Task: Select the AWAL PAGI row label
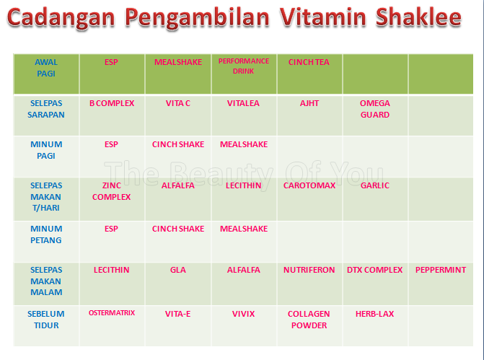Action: (x=46, y=68)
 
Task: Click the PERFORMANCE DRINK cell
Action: (x=244, y=66)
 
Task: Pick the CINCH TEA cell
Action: (x=309, y=62)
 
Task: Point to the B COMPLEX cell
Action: (x=112, y=103)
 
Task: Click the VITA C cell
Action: (x=178, y=103)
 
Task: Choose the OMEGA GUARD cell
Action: (x=374, y=109)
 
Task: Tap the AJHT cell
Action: (x=309, y=103)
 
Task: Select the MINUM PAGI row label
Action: (x=46, y=150)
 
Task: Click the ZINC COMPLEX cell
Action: (x=112, y=191)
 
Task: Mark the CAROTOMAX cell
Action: (x=309, y=185)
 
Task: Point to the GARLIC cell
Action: (x=374, y=185)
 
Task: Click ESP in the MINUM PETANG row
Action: (x=111, y=229)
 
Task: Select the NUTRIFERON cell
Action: (x=309, y=270)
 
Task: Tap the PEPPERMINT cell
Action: (x=441, y=270)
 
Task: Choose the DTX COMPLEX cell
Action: (x=374, y=270)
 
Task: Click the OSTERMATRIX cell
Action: (x=112, y=313)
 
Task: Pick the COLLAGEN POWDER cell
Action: (x=309, y=320)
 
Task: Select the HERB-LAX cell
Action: (x=374, y=314)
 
